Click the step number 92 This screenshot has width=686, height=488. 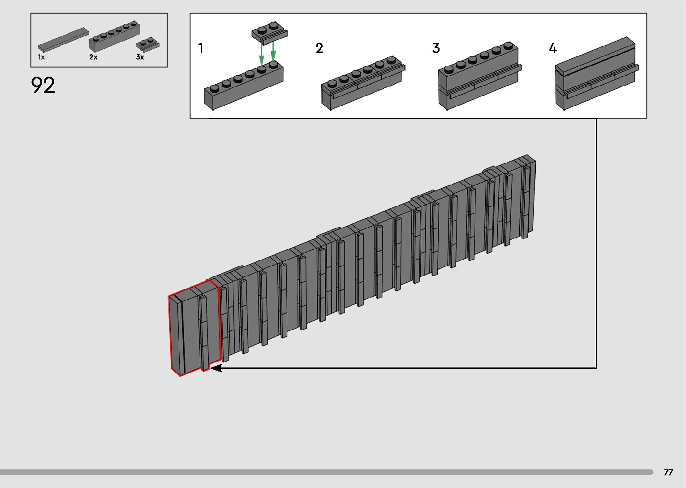pos(43,85)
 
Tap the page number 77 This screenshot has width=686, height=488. pos(668,472)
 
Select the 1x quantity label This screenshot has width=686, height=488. pos(41,57)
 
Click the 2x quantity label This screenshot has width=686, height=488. pos(93,57)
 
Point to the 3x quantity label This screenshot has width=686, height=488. pos(140,57)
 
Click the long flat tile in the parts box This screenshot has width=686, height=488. pos(63,39)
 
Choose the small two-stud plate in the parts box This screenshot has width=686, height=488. pos(148,45)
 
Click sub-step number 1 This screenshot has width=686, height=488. pos(201,48)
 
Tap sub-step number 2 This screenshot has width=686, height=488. pos(319,48)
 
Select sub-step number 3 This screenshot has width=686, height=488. pos(436,48)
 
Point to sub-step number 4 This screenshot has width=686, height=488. pos(553,48)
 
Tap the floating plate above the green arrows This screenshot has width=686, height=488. pos(269,34)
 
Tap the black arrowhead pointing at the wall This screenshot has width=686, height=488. pos(216,368)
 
